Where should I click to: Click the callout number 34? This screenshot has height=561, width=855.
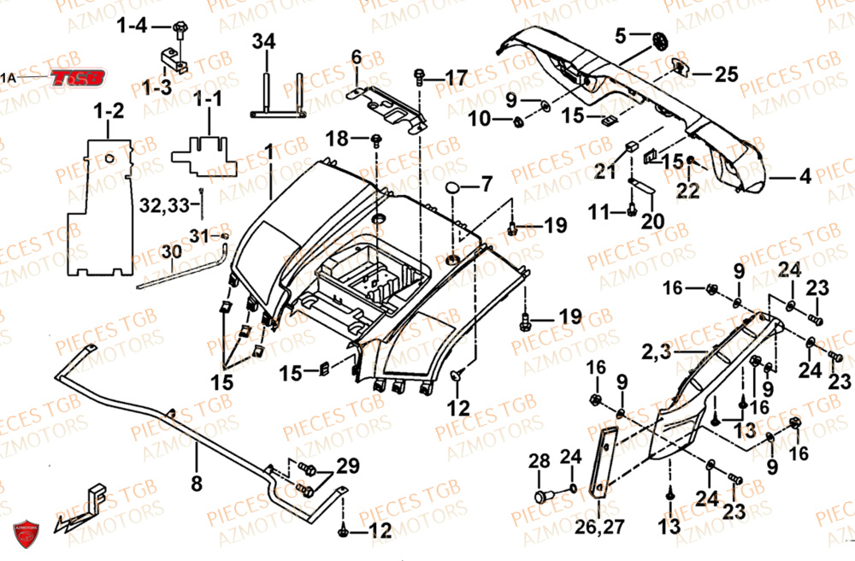tap(264, 41)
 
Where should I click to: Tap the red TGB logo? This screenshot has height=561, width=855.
tap(78, 78)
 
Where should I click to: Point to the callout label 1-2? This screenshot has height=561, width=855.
tap(109, 110)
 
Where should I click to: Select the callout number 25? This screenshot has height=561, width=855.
tap(727, 75)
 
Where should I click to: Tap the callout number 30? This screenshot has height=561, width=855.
tap(171, 252)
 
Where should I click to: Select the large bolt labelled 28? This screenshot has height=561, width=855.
tap(541, 496)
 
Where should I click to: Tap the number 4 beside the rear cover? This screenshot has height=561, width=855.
tap(805, 179)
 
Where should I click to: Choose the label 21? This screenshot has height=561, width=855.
tap(605, 172)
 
